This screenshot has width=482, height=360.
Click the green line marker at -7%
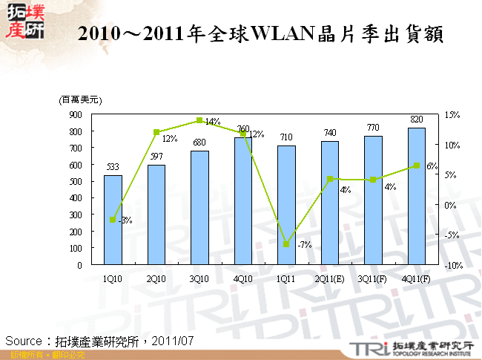pos(286,244)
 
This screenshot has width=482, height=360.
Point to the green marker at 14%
pos(199,120)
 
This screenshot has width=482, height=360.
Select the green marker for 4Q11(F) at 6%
pos(417,166)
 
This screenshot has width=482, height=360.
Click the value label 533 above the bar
pos(113,167)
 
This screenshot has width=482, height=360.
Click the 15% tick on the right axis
pos(452,115)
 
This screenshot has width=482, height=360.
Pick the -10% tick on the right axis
pos(454,265)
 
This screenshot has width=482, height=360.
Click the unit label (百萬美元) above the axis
pos(80,99)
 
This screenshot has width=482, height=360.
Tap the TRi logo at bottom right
pos(365,347)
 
